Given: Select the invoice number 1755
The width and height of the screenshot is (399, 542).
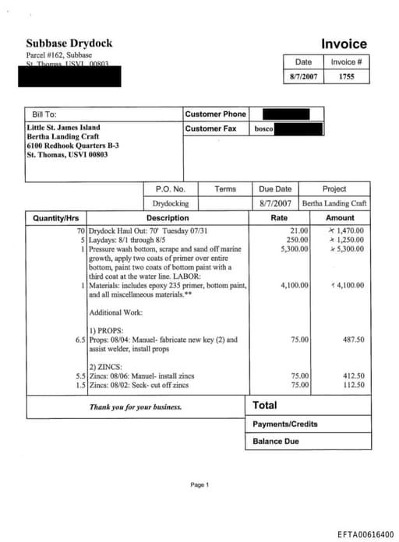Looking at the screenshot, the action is pyautogui.click(x=347, y=77).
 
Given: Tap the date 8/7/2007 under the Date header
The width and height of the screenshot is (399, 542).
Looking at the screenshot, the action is pyautogui.click(x=304, y=77).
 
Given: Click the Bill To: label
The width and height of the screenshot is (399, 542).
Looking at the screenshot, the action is pyautogui.click(x=44, y=114).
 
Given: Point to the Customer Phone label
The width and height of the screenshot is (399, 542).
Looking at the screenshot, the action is pyautogui.click(x=215, y=114).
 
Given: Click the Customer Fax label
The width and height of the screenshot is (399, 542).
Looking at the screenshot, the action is pyautogui.click(x=210, y=128).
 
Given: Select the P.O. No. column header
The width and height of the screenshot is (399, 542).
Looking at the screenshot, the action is pyautogui.click(x=170, y=188).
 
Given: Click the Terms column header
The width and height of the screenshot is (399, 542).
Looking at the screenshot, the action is pyautogui.click(x=225, y=188).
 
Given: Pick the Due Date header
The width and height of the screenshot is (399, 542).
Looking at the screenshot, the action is pyautogui.click(x=274, y=188).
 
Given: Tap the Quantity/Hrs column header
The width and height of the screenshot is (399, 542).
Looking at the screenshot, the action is pyautogui.click(x=56, y=218).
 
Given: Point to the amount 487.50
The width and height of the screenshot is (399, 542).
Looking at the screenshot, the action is pyautogui.click(x=353, y=340).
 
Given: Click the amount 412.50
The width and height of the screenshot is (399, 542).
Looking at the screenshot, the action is pyautogui.click(x=353, y=375).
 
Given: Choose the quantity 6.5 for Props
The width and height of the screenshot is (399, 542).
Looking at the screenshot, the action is pyautogui.click(x=79, y=340).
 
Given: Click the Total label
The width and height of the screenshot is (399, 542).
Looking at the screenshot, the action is pyautogui.click(x=265, y=405).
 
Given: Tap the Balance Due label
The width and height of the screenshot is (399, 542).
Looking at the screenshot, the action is pyautogui.click(x=275, y=442).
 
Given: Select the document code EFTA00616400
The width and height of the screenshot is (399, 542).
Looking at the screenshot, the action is pyautogui.click(x=365, y=534).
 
